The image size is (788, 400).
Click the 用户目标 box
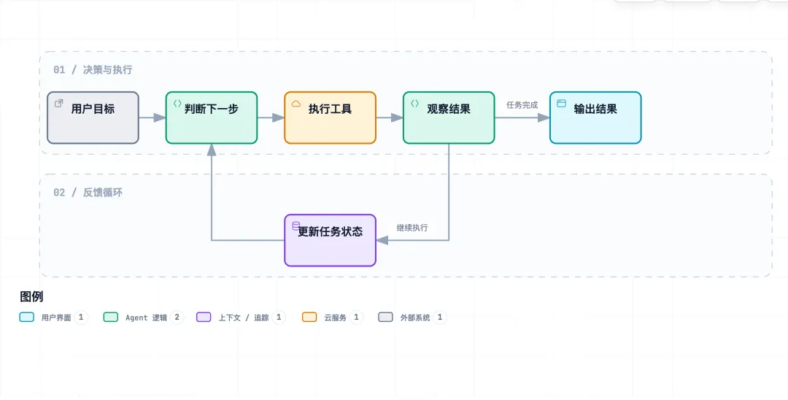tap(93, 118)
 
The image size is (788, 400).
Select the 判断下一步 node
tap(212, 118)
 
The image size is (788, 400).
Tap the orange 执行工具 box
tap(331, 118)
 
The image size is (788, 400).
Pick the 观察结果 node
tap(449, 118)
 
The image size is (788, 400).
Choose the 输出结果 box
tap(595, 118)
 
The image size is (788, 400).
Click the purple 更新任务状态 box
tap(331, 240)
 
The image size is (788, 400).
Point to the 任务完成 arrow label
tap(522, 105)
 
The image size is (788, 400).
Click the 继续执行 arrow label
tap(412, 228)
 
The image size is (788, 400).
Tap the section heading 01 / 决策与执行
tap(93, 70)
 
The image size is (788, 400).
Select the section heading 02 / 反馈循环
tap(88, 193)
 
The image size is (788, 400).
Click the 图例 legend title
tap(31, 296)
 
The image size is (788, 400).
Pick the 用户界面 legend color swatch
tap(27, 317)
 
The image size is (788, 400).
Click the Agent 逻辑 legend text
tap(146, 318)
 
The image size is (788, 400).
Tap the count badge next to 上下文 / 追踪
tap(279, 317)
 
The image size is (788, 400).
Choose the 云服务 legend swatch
tap(309, 317)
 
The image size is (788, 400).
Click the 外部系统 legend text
tap(415, 318)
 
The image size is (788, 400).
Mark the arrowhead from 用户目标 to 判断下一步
tap(160, 118)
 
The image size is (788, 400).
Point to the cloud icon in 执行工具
tap(296, 104)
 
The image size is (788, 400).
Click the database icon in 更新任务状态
tap(296, 226)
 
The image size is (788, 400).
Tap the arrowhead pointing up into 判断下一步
tap(212, 150)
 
